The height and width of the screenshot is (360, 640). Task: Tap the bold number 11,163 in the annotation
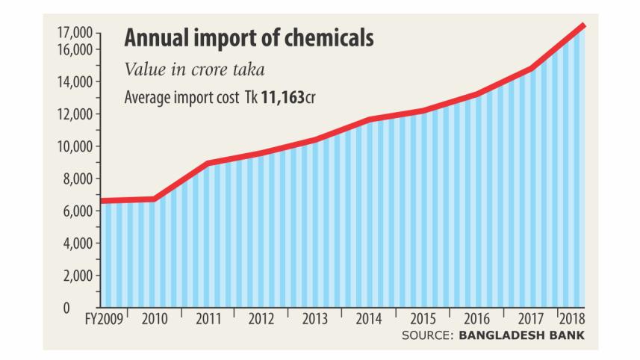coord(283,98)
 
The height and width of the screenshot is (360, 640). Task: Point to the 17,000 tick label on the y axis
coord(74,33)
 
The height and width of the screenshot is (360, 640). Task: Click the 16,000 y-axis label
coord(74,49)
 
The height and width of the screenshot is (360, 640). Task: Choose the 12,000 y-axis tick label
coord(74,114)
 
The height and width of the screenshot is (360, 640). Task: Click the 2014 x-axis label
coord(369,319)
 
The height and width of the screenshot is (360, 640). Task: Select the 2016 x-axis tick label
coord(476,319)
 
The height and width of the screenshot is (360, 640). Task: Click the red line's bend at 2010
coord(155,199)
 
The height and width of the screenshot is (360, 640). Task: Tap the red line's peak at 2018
coord(582,26)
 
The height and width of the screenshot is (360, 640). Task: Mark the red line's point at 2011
coord(208,163)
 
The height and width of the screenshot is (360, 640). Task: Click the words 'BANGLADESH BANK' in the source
coord(521,335)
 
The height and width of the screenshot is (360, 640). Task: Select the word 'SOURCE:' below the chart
coord(427,335)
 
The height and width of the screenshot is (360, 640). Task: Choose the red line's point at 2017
coord(530,69)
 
